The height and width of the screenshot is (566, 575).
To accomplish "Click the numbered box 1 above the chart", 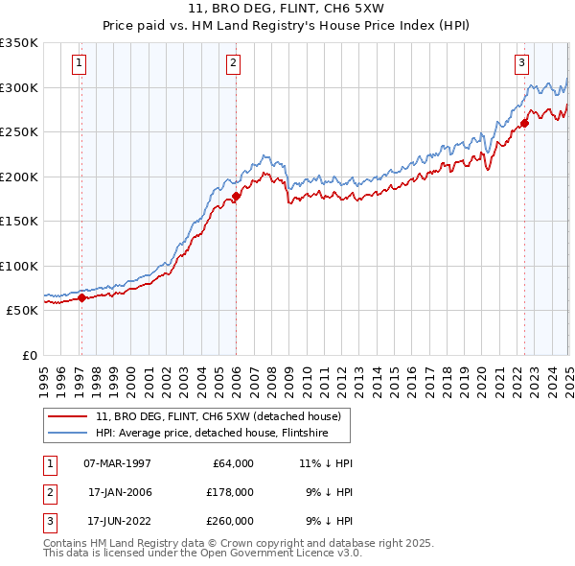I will [80, 64].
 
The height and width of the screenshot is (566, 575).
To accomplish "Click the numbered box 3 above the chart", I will [521, 64].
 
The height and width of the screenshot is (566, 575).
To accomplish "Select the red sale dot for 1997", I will [81, 297].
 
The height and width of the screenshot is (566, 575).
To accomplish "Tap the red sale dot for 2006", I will [236, 197].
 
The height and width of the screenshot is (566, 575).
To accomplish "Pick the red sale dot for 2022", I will [525, 123].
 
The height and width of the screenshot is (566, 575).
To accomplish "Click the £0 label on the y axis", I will [28, 355].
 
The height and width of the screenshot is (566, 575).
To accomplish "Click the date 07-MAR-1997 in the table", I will [117, 462].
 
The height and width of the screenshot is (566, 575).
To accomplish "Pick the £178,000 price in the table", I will [229, 492].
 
